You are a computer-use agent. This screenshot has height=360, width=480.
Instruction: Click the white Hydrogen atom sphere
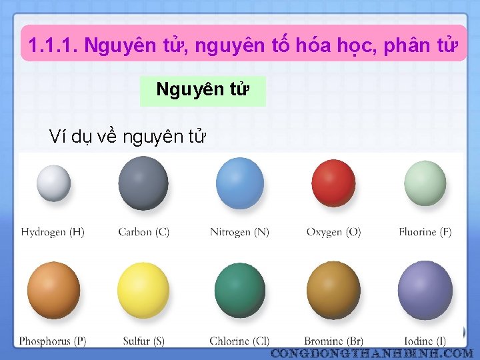[53, 183]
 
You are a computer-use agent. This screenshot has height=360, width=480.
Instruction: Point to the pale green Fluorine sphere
[425, 182]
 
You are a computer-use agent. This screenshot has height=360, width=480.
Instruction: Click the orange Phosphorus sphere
[53, 291]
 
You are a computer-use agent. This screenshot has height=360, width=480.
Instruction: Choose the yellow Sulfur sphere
[143, 291]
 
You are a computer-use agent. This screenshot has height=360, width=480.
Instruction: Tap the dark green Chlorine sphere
[239, 291]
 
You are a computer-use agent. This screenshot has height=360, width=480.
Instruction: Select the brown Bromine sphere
[333, 291]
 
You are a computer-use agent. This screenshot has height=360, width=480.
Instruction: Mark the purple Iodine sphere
[425, 291]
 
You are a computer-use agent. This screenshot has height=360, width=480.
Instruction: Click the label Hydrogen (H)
[53, 232]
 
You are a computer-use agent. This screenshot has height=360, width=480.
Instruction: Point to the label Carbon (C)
[143, 232]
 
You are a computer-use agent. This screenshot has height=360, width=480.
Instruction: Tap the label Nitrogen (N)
[239, 232]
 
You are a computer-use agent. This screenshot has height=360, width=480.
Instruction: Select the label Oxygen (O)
[333, 232]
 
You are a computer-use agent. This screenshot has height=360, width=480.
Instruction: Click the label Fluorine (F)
[425, 232]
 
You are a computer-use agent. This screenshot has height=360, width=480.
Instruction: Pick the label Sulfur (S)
[143, 341]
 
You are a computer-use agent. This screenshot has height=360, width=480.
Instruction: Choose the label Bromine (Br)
[333, 341]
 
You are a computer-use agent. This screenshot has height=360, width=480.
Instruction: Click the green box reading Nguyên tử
[203, 91]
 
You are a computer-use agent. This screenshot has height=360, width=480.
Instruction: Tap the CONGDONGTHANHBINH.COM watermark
[372, 352]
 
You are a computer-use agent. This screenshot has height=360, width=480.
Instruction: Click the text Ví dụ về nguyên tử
[128, 137]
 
